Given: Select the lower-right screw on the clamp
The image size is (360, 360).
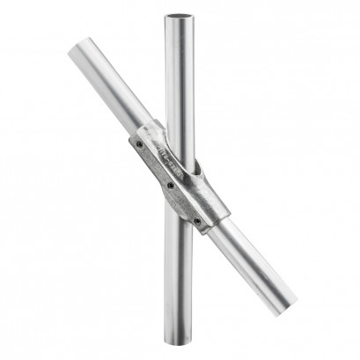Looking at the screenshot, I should coord(196,220).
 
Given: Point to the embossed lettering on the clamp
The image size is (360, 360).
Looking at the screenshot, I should coord(164,155).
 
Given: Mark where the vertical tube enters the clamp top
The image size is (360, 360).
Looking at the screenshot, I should coord(177,132).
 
